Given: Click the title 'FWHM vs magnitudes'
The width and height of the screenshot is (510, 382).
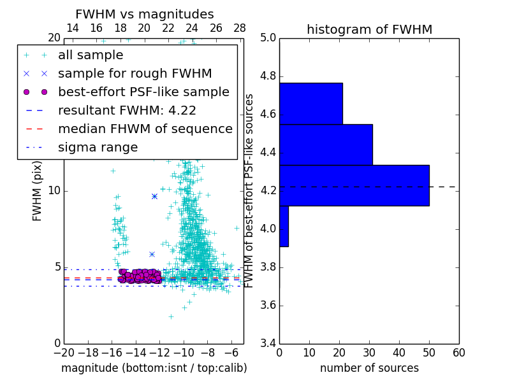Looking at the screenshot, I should (x=145, y=14).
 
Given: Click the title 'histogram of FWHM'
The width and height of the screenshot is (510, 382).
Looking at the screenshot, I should (x=369, y=29).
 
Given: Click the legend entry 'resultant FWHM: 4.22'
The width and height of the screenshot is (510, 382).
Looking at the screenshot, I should (x=127, y=110).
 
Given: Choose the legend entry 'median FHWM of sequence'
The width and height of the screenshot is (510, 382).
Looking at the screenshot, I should (x=145, y=129).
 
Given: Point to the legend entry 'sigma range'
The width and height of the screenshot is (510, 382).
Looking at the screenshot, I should (x=98, y=147).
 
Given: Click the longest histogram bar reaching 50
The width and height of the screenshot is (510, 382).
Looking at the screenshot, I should (x=354, y=185).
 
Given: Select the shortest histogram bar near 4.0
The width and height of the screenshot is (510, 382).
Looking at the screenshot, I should (x=284, y=226).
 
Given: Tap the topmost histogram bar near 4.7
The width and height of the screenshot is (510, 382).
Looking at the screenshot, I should (x=310, y=103).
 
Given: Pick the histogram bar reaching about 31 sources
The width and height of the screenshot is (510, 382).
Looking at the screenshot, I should (x=326, y=145).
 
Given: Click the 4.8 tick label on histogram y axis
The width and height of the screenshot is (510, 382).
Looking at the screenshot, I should (x=268, y=76).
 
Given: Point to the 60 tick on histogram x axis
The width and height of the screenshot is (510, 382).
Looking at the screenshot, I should (x=458, y=353).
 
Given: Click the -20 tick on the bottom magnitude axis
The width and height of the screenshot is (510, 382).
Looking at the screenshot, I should (x=64, y=353).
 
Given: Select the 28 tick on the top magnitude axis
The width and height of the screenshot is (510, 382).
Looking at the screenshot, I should (x=240, y=28).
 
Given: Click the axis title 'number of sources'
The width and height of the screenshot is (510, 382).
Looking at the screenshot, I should (x=369, y=368).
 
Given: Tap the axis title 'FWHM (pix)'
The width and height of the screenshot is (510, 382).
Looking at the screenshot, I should (x=38, y=190).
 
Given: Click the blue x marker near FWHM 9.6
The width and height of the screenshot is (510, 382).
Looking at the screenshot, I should (x=154, y=196).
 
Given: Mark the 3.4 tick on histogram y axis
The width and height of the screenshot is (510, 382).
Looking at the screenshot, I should (x=268, y=343).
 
